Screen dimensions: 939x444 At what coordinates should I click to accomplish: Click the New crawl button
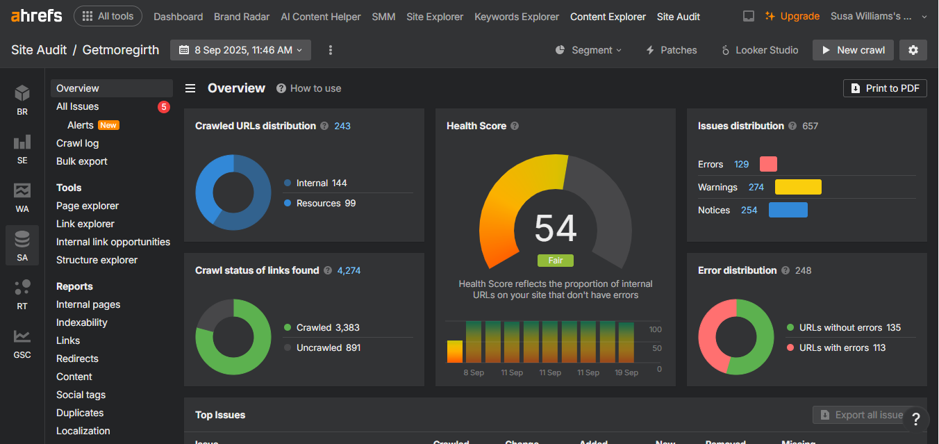[x=853, y=50]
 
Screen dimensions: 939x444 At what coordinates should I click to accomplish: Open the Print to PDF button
[x=885, y=88]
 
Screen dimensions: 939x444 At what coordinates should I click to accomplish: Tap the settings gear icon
[x=913, y=50]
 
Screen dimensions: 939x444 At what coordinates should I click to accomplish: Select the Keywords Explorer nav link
[x=517, y=17]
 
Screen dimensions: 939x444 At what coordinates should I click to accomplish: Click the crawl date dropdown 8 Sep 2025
[x=240, y=50]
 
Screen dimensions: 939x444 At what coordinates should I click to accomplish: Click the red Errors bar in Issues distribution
[x=768, y=164]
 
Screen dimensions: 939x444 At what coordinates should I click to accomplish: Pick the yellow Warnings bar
[x=798, y=187]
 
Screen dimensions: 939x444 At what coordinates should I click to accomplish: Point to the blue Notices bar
[x=788, y=210]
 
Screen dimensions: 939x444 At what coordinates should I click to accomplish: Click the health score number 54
[x=556, y=228]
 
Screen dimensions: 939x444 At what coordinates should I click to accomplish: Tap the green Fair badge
[x=556, y=261]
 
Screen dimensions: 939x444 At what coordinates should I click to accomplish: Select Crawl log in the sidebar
[x=78, y=143]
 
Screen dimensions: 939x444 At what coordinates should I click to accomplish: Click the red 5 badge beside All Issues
[x=164, y=107]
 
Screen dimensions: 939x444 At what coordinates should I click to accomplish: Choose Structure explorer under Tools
[x=97, y=260]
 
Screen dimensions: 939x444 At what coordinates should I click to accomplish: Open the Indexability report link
[x=82, y=322]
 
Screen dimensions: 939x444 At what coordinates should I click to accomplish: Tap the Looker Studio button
[x=760, y=50]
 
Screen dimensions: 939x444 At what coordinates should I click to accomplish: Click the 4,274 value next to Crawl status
[x=349, y=270]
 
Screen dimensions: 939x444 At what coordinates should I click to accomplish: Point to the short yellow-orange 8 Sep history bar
[x=455, y=352]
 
